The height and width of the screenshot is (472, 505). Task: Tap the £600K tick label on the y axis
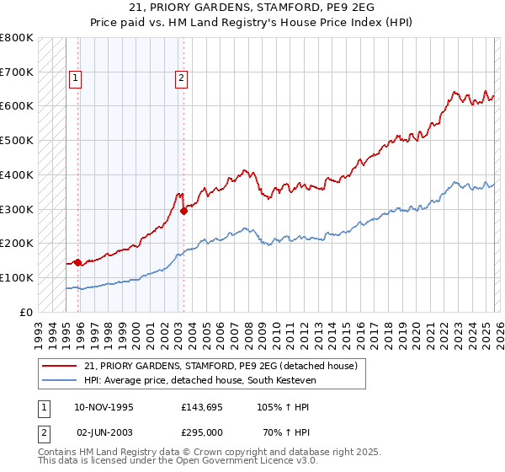(x=17, y=106)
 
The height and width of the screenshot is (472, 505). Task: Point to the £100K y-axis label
(x=17, y=277)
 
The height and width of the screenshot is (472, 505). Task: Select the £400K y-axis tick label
(x=17, y=174)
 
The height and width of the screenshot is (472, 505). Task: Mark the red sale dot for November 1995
(x=78, y=262)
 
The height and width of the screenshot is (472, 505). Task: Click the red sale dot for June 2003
(x=183, y=211)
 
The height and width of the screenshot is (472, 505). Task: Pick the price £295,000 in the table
(x=202, y=432)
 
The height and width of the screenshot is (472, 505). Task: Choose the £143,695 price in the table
(x=202, y=407)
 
